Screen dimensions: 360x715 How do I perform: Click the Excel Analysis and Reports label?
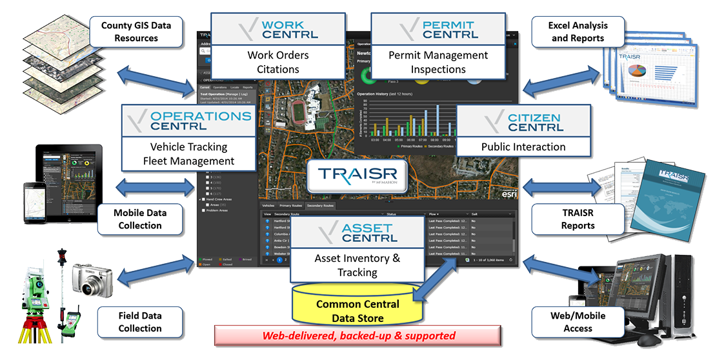tap(578, 32)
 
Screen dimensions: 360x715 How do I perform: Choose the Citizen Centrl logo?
tap(523, 122)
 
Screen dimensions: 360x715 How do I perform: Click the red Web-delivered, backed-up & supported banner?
tap(358, 335)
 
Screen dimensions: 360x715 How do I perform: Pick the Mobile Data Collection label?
tap(139, 219)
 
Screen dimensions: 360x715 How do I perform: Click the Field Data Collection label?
tap(139, 322)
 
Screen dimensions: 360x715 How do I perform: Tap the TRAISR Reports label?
tap(578, 219)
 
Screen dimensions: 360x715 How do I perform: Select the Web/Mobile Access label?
tap(578, 322)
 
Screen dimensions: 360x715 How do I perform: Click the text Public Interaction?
tap(523, 146)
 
